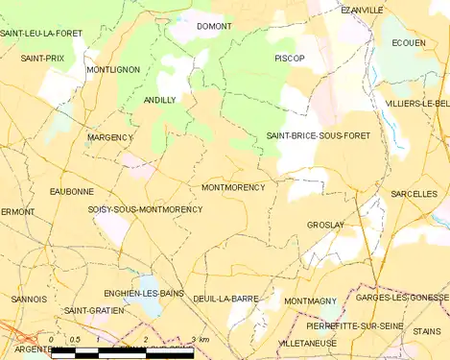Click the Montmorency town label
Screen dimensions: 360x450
[x=233, y=187]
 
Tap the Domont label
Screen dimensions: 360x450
[x=213, y=26]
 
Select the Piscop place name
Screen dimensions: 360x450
[x=289, y=59]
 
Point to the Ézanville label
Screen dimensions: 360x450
[x=362, y=10]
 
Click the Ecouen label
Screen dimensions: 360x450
[x=409, y=43]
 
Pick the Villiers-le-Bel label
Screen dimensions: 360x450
[x=416, y=103]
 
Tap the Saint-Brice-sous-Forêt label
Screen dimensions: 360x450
[x=318, y=136]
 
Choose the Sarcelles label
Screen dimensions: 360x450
[x=414, y=194]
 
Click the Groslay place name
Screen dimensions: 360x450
[x=325, y=225]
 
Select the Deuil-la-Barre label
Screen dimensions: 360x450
[x=225, y=299]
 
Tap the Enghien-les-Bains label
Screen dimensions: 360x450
[x=143, y=293]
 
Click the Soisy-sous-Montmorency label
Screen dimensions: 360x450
[x=145, y=209]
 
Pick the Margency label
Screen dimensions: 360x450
[x=109, y=137]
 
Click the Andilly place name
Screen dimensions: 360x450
[x=159, y=100]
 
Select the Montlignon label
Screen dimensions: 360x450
[x=112, y=70]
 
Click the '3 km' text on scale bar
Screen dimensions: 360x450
[x=199, y=340]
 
